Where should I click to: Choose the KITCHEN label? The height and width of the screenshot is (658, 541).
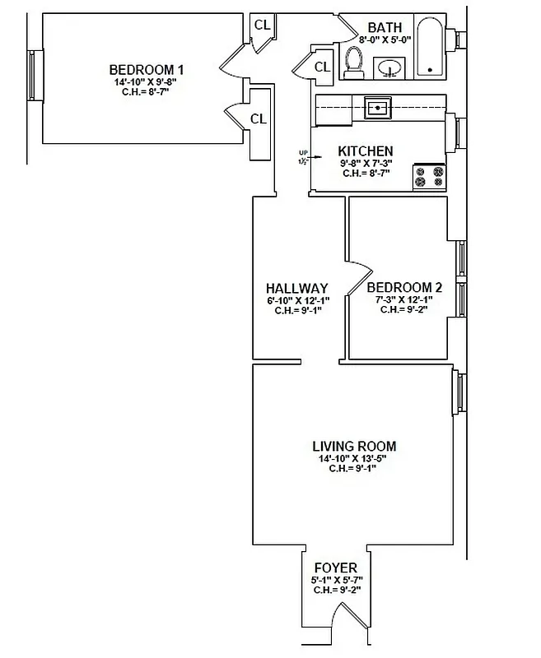pos(366,151)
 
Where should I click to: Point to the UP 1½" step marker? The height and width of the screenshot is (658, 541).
pos(304,157)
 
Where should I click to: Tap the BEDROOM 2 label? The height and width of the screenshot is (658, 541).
pos(404,288)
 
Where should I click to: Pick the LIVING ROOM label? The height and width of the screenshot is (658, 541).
pos(355,447)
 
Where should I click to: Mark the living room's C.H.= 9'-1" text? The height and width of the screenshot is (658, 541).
pos(355,469)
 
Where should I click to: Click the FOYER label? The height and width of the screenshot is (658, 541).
pos(335,568)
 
